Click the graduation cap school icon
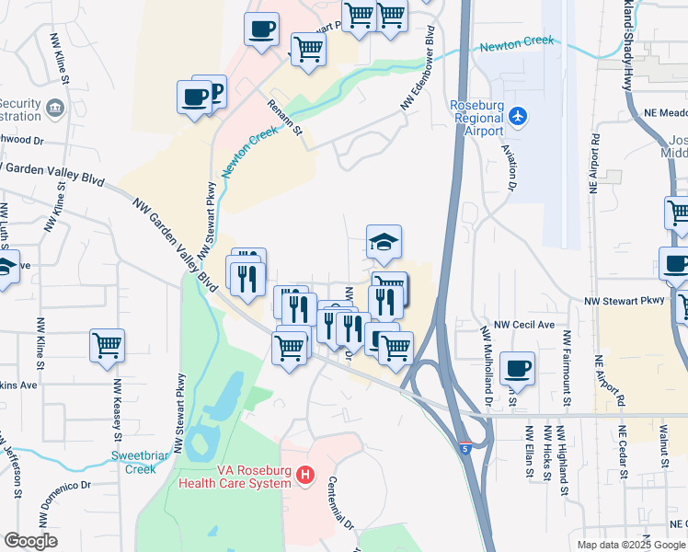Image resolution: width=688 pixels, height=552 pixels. click(x=384, y=242)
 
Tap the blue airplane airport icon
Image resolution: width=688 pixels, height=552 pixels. click(x=519, y=117)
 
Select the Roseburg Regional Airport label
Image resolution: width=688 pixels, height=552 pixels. click(x=476, y=118)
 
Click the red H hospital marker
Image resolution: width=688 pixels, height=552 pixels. click(x=306, y=476)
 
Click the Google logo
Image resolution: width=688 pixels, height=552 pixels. click(x=31, y=541)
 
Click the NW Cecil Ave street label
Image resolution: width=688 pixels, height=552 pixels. click(x=524, y=325)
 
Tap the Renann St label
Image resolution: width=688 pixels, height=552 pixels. click(x=286, y=119)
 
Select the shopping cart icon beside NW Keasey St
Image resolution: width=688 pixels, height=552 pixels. click(x=108, y=346)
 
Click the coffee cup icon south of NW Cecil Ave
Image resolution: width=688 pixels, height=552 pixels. click(x=518, y=368)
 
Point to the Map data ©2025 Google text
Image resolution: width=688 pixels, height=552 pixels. click(x=630, y=545)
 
